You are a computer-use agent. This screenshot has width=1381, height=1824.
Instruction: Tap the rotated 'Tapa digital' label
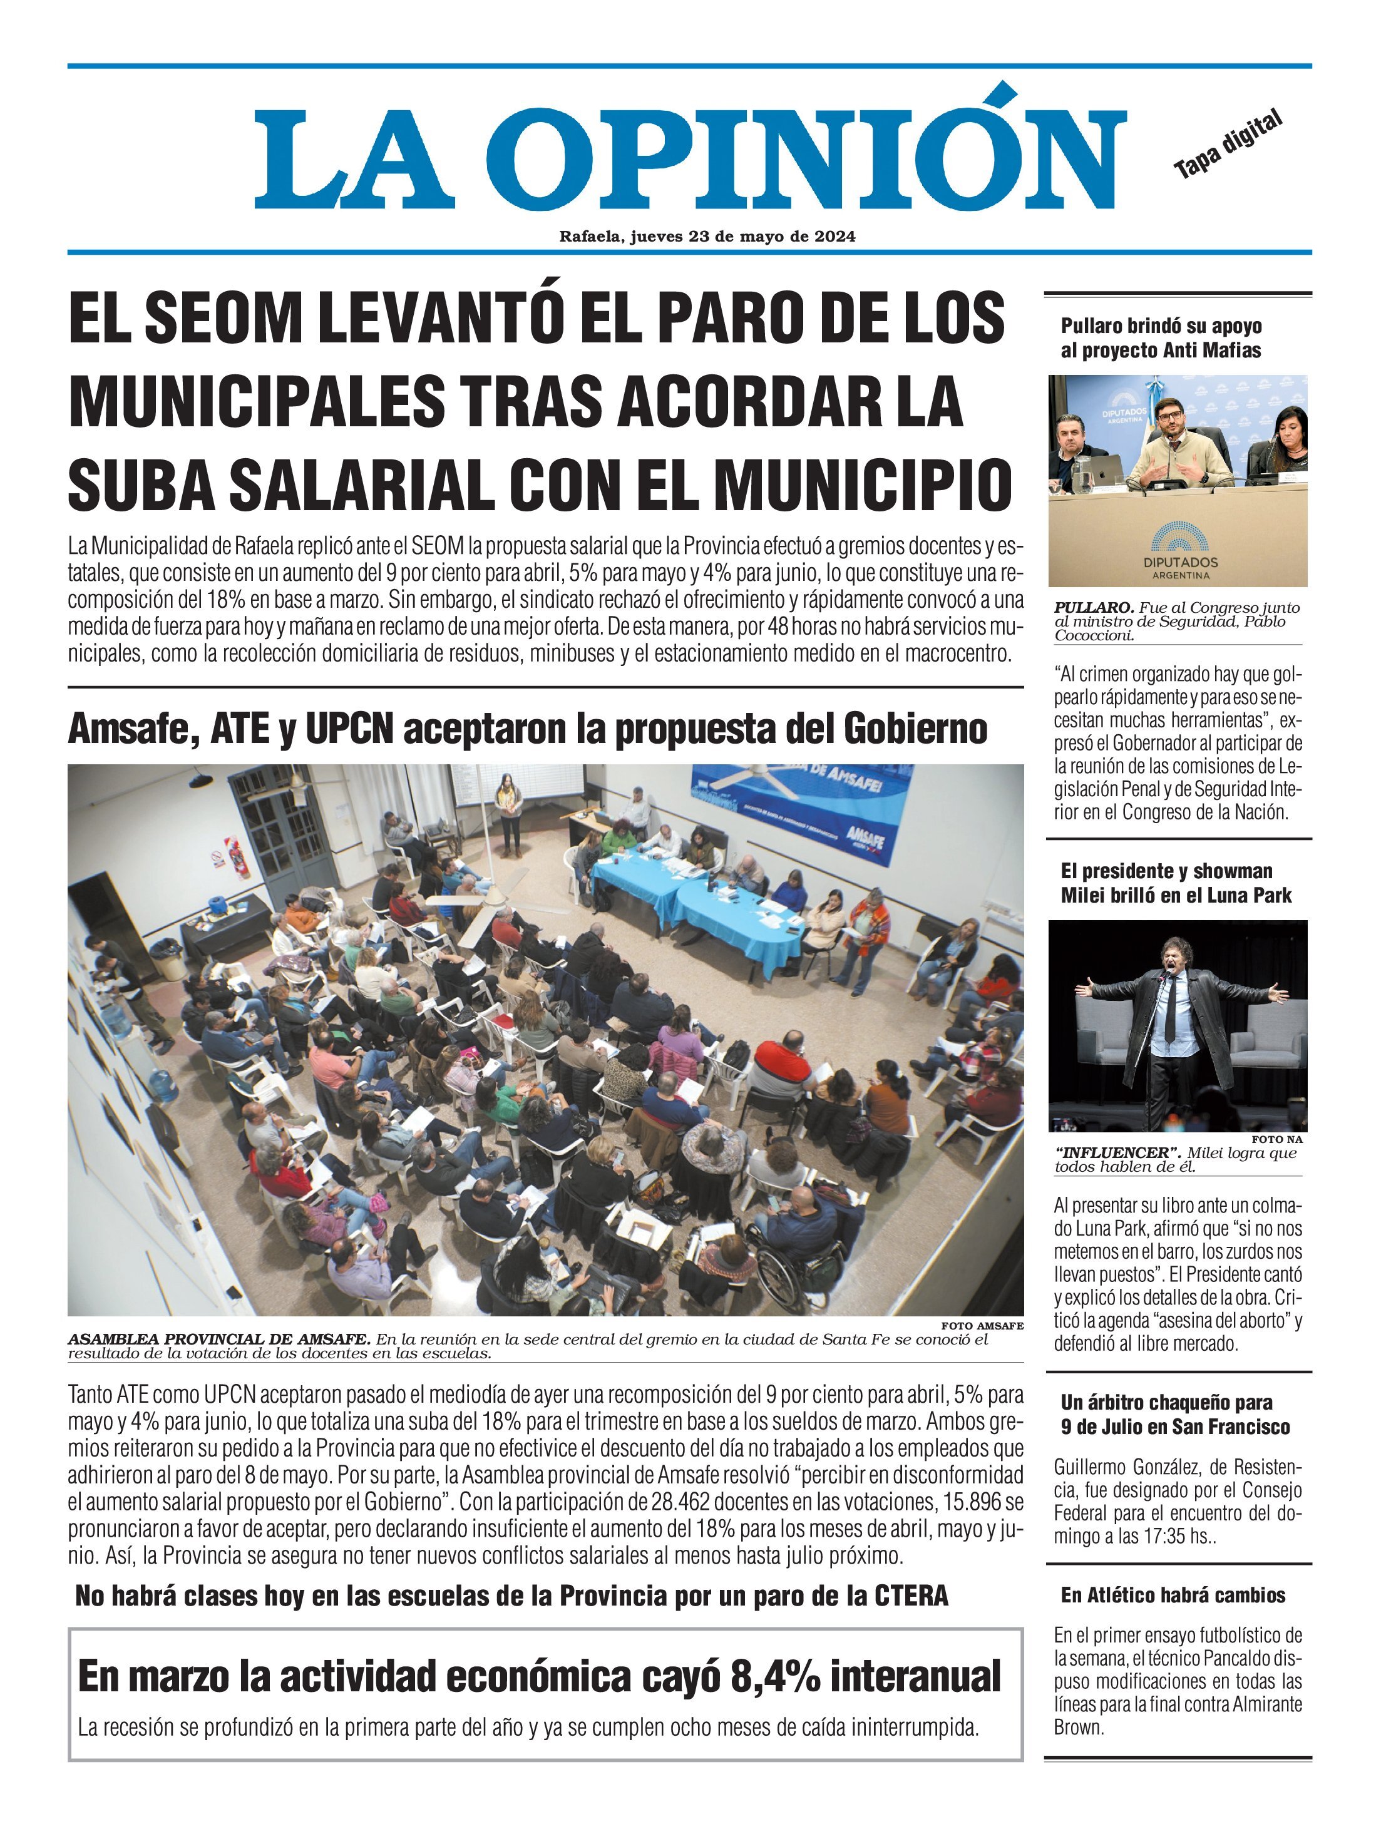pos(1228,145)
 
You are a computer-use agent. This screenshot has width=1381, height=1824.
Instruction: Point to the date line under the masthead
pos(707,237)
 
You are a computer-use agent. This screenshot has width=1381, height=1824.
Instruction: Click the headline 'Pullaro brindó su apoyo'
pos(1161,325)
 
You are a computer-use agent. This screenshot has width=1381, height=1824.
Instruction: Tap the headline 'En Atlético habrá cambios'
pos(1173,1596)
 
